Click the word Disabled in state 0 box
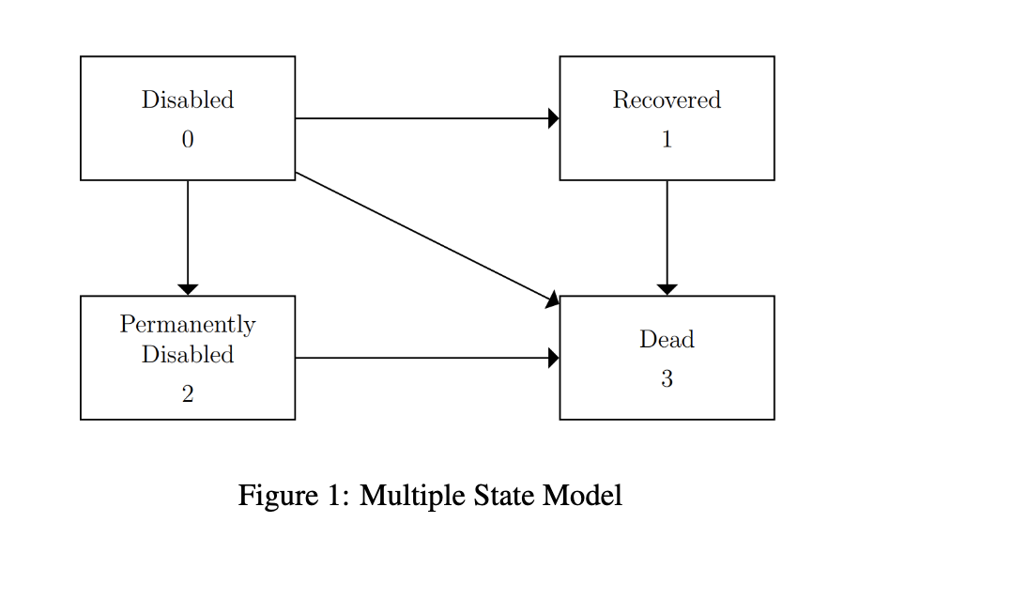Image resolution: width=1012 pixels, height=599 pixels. (x=188, y=100)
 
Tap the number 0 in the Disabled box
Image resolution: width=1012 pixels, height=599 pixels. (x=188, y=140)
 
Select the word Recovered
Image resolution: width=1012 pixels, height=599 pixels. (x=667, y=100)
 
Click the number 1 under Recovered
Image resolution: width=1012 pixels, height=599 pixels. (x=667, y=140)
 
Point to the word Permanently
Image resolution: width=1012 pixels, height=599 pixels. (x=188, y=325)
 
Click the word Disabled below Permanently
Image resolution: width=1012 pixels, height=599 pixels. (x=188, y=355)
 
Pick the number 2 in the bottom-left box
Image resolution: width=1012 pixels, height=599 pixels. (x=188, y=395)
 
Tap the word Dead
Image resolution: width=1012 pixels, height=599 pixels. (x=667, y=339)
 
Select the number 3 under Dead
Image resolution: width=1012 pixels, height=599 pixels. (x=667, y=379)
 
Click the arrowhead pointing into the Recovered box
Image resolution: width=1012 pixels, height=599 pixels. (x=553, y=118)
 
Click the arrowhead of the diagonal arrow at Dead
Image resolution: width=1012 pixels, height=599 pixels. (x=553, y=299)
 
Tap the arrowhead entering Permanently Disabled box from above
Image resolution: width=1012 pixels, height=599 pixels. (x=188, y=289)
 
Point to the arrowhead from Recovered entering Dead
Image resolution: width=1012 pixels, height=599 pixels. (x=667, y=289)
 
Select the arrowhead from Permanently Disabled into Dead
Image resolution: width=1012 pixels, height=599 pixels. (x=553, y=358)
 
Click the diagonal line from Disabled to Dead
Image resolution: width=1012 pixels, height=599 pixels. (x=422, y=237)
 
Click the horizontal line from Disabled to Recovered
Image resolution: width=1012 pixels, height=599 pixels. (x=422, y=118)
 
